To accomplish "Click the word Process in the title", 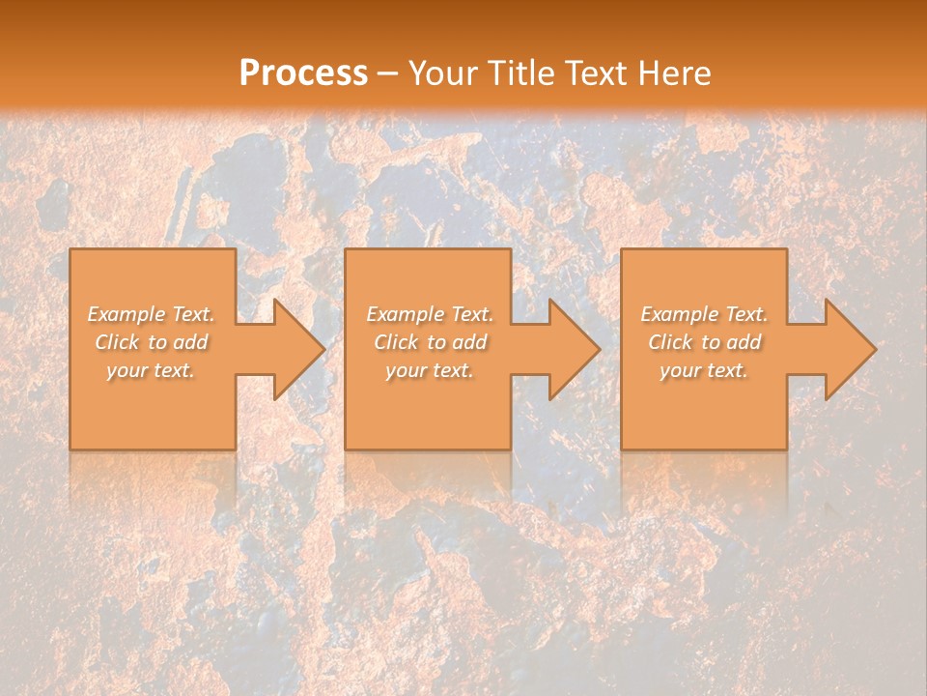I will click(x=303, y=73).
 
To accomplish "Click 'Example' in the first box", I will click(x=126, y=314).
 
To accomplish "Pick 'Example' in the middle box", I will click(x=405, y=314).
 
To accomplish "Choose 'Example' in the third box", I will click(x=679, y=314).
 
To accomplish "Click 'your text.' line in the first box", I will click(x=151, y=370).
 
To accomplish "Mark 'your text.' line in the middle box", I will click(x=429, y=370).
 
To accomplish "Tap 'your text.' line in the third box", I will click(x=704, y=370).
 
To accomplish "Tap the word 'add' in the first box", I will click(x=190, y=342).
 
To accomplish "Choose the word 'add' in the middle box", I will click(x=469, y=342).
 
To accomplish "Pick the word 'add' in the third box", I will click(x=744, y=342).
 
